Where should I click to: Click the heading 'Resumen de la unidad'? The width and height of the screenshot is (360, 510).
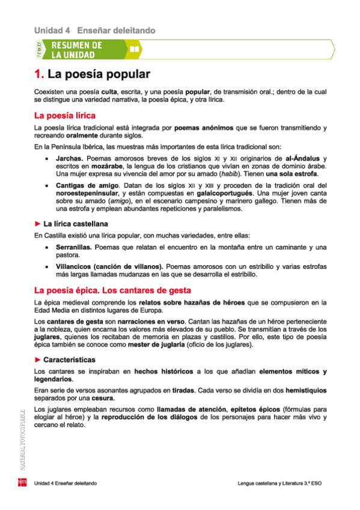(x=76, y=50)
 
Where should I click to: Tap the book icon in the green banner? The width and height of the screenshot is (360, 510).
(x=135, y=49)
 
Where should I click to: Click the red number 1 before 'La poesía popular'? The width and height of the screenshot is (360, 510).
(x=38, y=75)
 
